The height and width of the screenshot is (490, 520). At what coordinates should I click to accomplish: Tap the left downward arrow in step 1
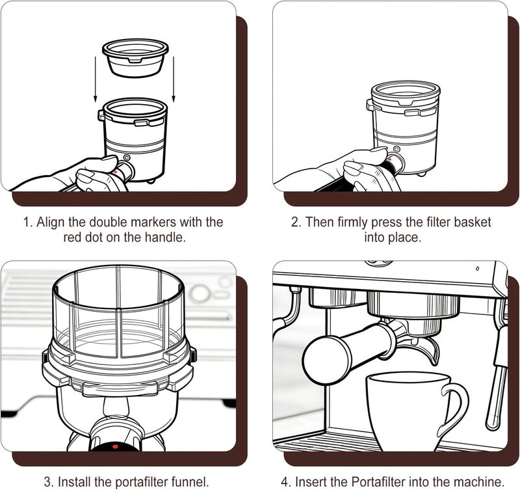point(96,79)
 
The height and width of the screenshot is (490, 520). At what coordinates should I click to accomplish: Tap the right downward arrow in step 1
point(174,79)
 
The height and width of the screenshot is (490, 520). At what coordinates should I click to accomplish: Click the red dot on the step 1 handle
point(115,172)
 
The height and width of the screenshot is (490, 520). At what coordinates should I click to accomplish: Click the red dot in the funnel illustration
point(115,446)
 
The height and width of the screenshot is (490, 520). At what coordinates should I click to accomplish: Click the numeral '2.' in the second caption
point(296,222)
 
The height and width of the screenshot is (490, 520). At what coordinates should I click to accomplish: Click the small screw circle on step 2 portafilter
point(396,149)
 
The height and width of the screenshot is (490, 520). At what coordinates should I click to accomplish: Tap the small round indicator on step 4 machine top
point(478,268)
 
